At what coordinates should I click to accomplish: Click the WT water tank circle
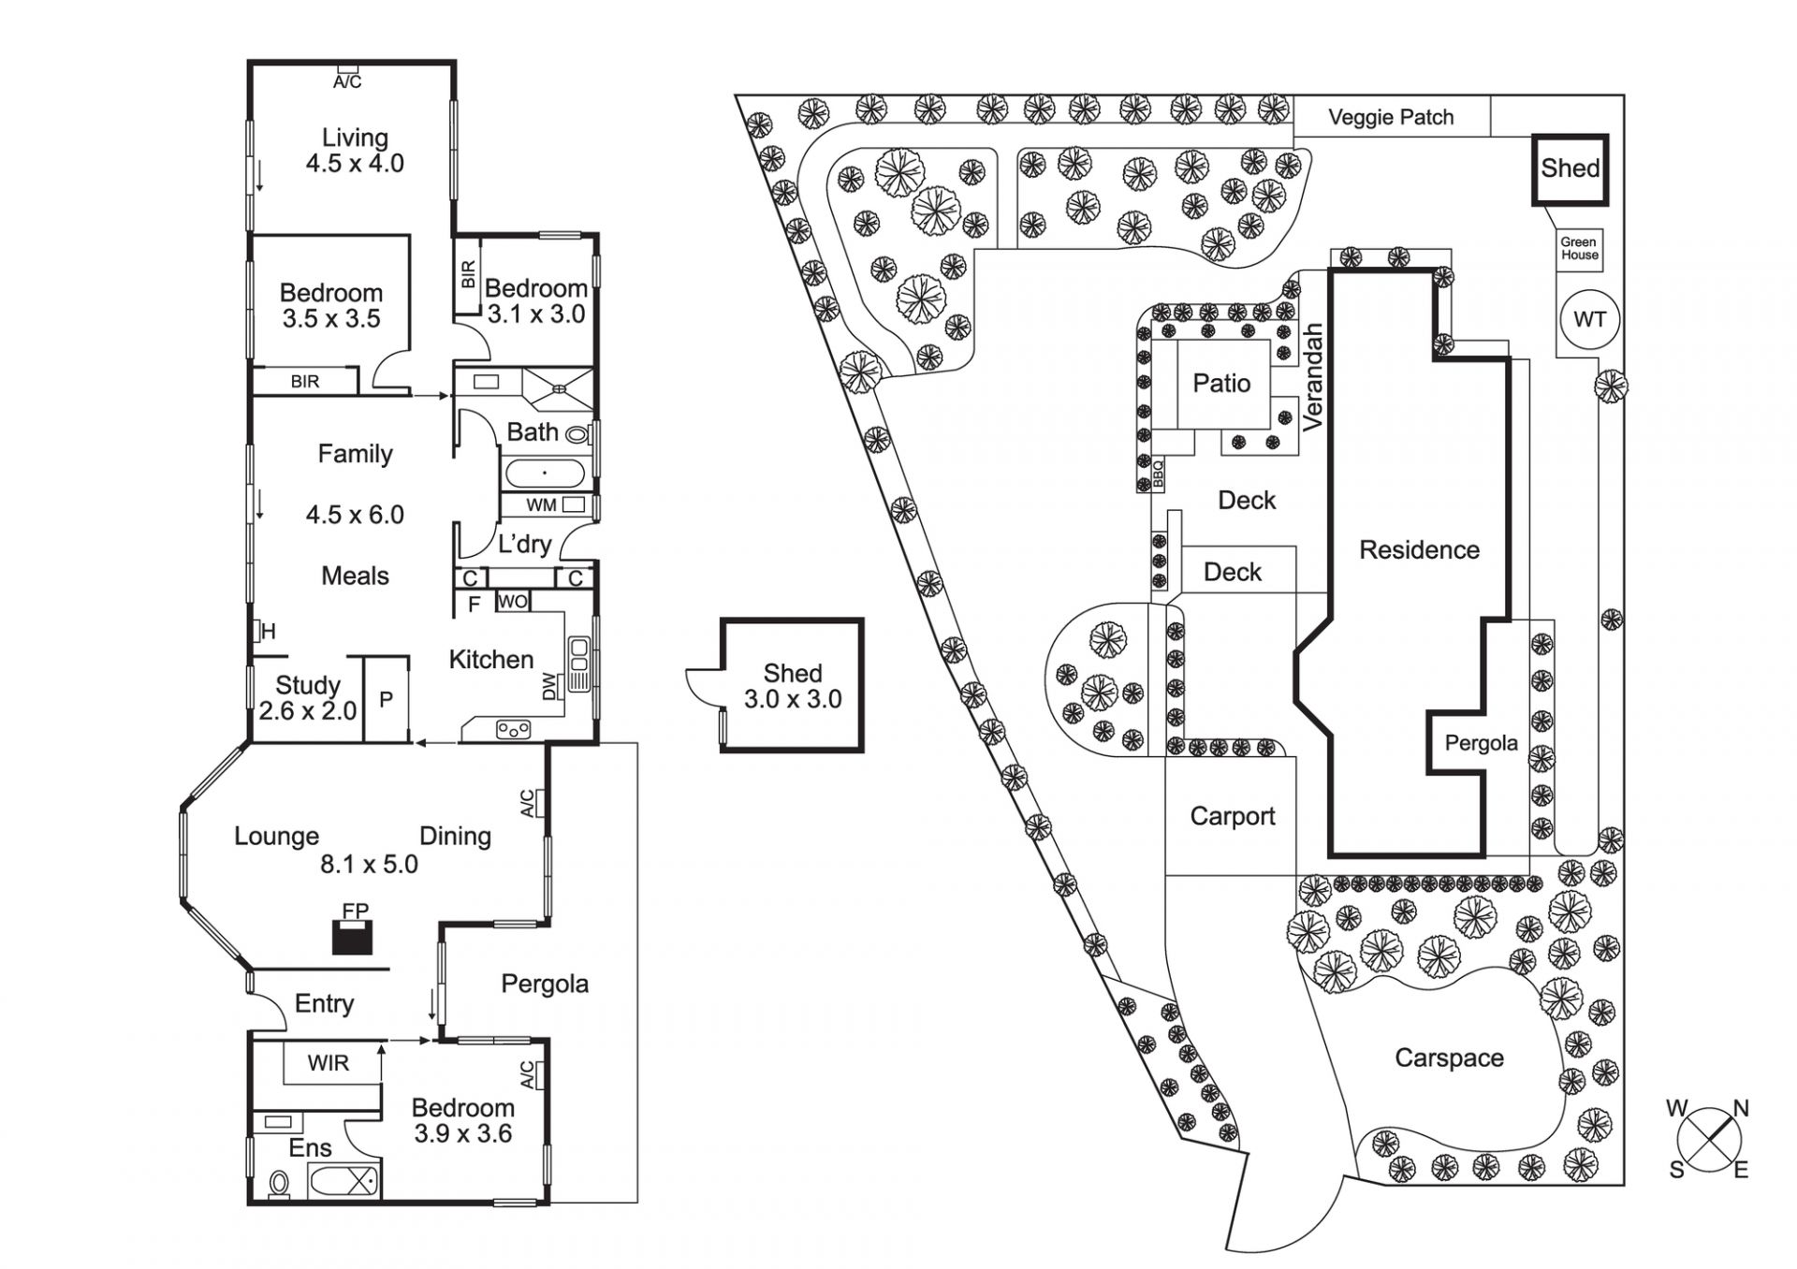pos(1589,319)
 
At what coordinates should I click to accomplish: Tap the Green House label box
pos(1579,249)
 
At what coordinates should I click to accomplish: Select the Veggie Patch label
pos(1391,117)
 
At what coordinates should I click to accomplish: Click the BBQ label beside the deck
pos(1158,474)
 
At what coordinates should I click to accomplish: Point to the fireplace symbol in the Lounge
pos(353,935)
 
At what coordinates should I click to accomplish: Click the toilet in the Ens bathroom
pos(279,1183)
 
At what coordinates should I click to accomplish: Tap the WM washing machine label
pos(542,505)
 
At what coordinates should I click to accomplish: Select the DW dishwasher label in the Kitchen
pos(549,686)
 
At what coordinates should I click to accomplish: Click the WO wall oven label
pos(512,602)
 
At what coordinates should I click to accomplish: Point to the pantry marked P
pos(386,699)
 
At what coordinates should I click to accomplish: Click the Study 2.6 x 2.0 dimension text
pos(308,711)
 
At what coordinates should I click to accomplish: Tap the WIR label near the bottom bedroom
pos(328,1063)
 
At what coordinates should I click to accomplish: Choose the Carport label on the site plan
pos(1232,816)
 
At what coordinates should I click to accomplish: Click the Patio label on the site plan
pos(1221,383)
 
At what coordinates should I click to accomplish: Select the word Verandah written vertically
pos(1313,376)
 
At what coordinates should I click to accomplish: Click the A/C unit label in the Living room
pos(347,80)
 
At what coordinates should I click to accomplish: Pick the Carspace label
pos(1449,1057)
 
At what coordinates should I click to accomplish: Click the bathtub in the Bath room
pos(544,473)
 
